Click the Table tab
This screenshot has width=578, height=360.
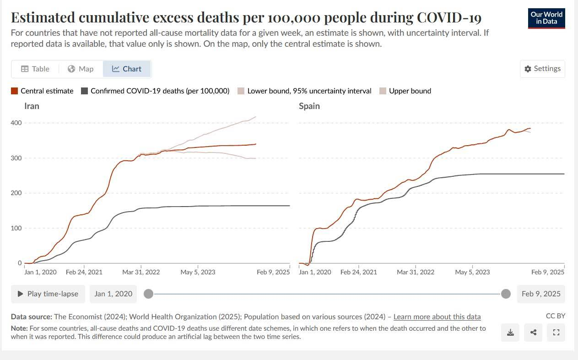pos(35,69)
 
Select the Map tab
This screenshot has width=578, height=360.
pos(81,69)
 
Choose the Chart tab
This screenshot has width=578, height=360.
pos(127,69)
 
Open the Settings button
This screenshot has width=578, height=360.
pos(542,69)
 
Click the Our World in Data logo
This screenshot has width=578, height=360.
pos(546,18)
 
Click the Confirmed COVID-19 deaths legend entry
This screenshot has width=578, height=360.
pos(155,91)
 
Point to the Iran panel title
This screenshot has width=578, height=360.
pos(32,106)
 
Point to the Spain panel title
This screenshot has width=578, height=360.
pos(309,106)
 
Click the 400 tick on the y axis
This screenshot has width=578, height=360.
pos(16,123)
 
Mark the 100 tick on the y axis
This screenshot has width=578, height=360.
pos(16,228)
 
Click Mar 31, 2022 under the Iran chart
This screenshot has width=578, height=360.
pos(141,272)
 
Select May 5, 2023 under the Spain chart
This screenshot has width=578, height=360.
pos(472,272)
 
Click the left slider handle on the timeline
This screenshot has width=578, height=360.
pos(148,294)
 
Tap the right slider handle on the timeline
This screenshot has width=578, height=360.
pos(506,294)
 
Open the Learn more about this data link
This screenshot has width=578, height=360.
pos(437,316)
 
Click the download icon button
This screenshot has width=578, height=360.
pos(510,333)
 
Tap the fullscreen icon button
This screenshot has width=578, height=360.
pos(556,333)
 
